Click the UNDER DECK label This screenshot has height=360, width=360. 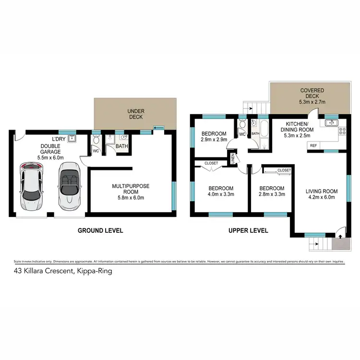pyautogui.click(x=136, y=114)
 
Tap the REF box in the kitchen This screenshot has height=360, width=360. pyautogui.click(x=313, y=145)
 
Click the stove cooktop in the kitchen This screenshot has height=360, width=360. pyautogui.click(x=343, y=130)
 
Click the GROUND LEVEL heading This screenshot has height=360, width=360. pyautogui.click(x=100, y=230)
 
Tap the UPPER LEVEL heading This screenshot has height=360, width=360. pyautogui.click(x=248, y=230)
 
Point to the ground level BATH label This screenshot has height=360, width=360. pyautogui.click(x=122, y=146)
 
